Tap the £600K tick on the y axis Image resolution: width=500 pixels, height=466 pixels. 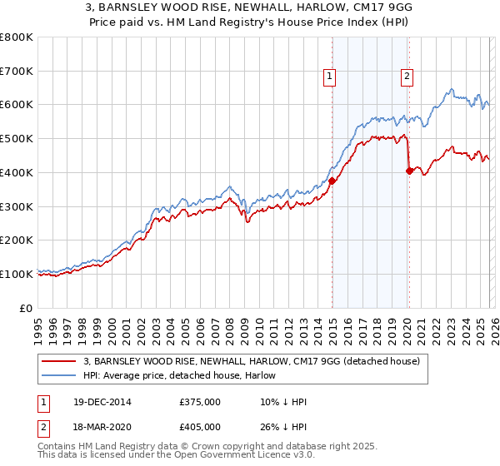(16, 105)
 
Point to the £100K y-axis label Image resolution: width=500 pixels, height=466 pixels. (16, 274)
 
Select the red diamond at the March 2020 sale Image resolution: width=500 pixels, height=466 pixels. (409, 171)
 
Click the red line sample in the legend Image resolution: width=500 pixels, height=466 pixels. (60, 360)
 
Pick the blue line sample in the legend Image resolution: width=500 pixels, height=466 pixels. (60, 374)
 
